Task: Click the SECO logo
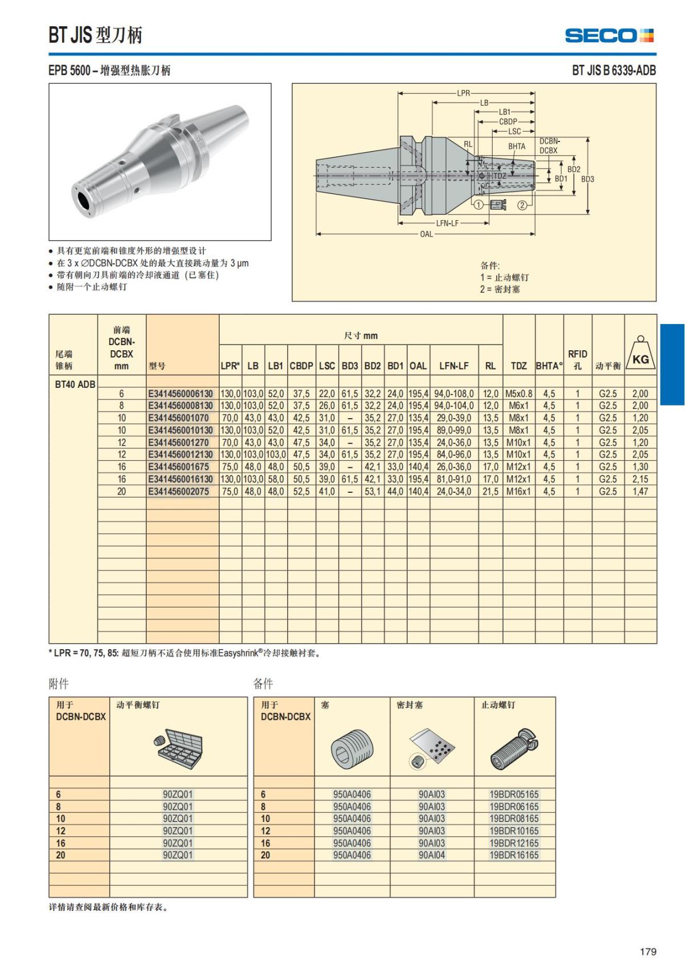[x=609, y=35]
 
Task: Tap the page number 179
[x=648, y=951]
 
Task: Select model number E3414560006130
[x=180, y=394]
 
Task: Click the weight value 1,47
[x=640, y=491]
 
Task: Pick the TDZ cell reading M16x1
[x=518, y=491]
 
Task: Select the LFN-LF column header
[x=454, y=366]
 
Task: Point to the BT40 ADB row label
[x=75, y=384]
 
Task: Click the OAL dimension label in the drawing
[x=426, y=234]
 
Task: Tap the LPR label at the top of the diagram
[x=464, y=93]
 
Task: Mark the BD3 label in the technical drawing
[x=587, y=179]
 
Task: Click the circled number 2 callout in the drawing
[x=522, y=205]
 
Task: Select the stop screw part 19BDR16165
[x=514, y=855]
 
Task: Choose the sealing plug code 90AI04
[x=432, y=855]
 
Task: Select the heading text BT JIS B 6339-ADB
[x=614, y=70]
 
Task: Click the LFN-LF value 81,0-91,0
[x=454, y=479]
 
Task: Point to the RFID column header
[x=577, y=359]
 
